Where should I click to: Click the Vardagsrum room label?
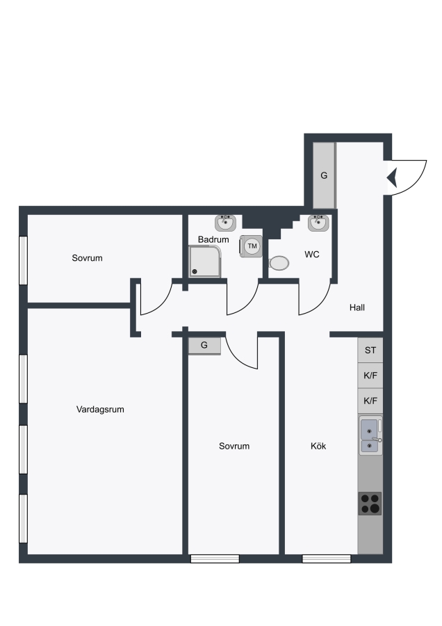[x=100, y=409]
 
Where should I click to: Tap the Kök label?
[x=318, y=446]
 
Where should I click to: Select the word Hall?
[x=357, y=307]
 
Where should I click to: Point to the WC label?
[x=312, y=255]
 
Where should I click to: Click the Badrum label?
[x=213, y=239]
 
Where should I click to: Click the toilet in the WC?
[x=279, y=263]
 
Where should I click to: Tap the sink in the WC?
[x=318, y=223]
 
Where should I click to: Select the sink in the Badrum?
[x=225, y=223]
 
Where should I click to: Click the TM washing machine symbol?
[x=252, y=246]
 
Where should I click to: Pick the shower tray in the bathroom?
[x=204, y=262]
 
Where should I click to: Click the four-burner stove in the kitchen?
[x=370, y=504]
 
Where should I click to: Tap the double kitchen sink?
[x=370, y=435]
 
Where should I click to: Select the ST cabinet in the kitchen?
[x=370, y=350]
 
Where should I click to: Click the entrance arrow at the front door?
[x=392, y=177]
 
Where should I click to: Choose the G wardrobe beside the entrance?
[x=324, y=175]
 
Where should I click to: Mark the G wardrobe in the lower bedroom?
[x=204, y=345]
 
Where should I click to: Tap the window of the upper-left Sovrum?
[x=23, y=260]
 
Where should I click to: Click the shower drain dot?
[x=195, y=272]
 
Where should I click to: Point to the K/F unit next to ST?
[x=370, y=376]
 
